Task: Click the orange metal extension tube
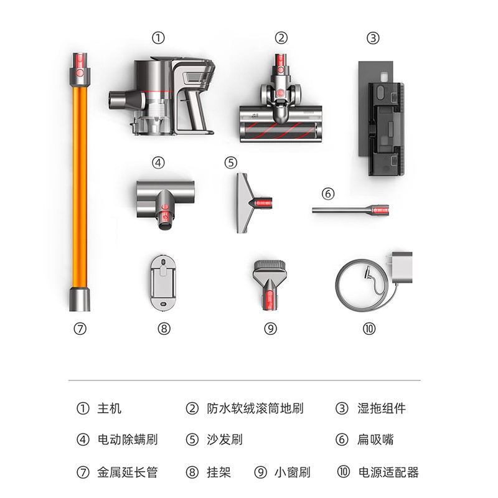coord(80,182)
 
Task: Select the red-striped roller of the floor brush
coord(281,131)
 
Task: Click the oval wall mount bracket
coord(163,282)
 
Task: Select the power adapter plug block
coord(402,268)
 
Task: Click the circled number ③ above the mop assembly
coord(373,38)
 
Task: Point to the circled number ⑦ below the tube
coord(80,329)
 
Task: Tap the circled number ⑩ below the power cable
coord(369,329)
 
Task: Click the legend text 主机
coord(110,408)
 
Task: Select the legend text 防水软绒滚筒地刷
coord(255,408)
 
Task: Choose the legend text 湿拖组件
coord(382,408)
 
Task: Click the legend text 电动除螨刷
coord(128,439)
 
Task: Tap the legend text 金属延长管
coord(128,472)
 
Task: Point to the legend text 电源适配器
coord(388,472)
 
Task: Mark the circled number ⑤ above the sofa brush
coord(231,162)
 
